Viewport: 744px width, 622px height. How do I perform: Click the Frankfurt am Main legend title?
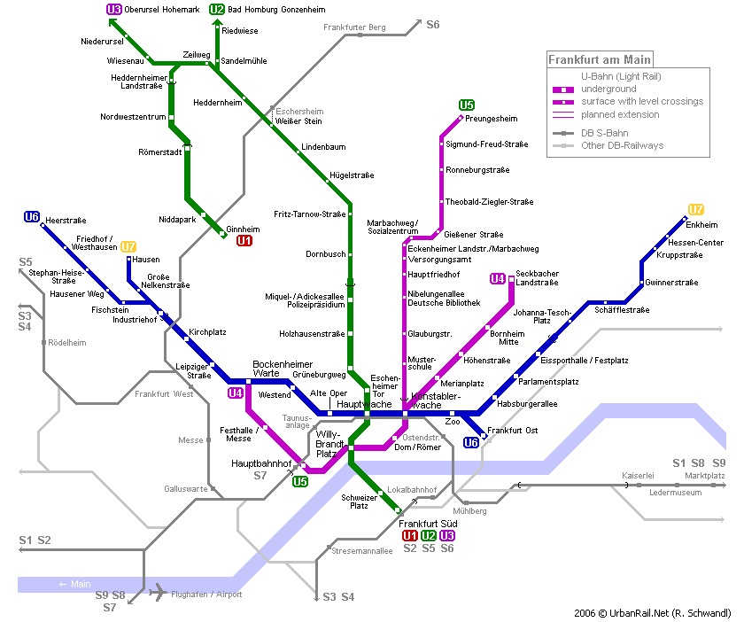[600, 60]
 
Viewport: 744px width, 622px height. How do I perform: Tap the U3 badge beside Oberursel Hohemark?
[113, 10]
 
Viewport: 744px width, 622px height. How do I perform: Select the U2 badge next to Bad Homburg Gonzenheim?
[217, 10]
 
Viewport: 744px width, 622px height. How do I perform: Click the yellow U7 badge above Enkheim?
[696, 210]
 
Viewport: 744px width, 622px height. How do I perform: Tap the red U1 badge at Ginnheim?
[244, 240]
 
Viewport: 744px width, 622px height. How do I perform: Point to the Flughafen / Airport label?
[206, 595]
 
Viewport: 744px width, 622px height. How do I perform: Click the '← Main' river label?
[74, 584]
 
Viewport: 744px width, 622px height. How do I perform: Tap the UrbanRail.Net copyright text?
[652, 613]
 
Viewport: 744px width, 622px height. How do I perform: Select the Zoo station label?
[453, 423]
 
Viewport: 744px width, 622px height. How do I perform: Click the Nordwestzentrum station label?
[133, 117]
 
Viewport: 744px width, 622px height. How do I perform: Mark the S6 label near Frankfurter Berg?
[432, 25]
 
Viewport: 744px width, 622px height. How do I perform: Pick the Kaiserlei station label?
[638, 476]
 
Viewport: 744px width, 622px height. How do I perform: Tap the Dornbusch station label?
[325, 254]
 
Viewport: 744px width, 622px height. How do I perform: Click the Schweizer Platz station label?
[354, 501]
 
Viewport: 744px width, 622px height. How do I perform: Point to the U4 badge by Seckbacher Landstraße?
[498, 279]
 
